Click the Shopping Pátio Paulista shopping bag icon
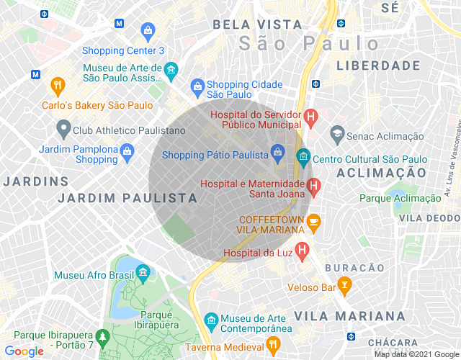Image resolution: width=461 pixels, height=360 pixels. point(277,152)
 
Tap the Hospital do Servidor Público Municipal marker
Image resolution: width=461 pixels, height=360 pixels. point(310,115)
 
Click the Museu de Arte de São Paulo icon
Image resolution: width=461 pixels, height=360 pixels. point(171,70)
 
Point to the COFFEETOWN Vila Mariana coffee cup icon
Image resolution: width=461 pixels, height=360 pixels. point(313,223)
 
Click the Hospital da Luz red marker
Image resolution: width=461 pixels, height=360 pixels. point(303,250)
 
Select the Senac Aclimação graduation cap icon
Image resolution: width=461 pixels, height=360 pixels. point(336,133)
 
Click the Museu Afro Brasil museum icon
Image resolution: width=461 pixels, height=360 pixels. point(143,271)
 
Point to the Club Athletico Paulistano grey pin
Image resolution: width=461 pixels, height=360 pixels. point(63,130)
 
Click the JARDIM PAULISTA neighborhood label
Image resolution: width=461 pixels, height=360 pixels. point(127,197)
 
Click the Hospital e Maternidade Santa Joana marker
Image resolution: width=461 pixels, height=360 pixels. point(313,187)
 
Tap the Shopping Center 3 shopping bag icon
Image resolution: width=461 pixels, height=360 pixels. point(148,31)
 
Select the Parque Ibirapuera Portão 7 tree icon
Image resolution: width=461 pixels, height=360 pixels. point(103,336)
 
